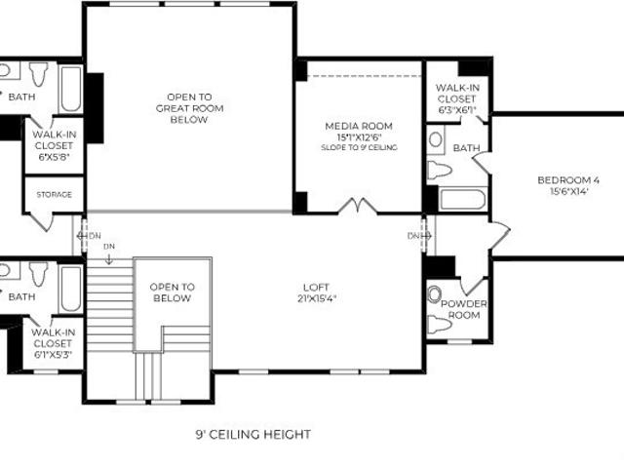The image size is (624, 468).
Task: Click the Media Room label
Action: [x=359, y=126]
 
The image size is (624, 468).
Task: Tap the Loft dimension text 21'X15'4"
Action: [x=317, y=298]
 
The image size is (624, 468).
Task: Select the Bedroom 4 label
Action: [x=568, y=180]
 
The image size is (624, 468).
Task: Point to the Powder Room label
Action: [x=464, y=310]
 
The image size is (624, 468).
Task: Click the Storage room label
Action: [x=55, y=195]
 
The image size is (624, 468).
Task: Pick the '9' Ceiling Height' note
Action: [x=253, y=434]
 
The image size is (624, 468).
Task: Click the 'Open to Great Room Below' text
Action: [x=189, y=108]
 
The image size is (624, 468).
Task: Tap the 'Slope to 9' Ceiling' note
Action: [x=359, y=147]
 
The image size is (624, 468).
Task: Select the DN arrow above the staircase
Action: [x=109, y=259]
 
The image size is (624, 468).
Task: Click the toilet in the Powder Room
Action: [x=440, y=324]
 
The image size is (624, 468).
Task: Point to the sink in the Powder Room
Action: [x=435, y=293]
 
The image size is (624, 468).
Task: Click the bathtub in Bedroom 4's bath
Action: [x=462, y=199]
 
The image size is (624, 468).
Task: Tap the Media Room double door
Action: [x=358, y=206]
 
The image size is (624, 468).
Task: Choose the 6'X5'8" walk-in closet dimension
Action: [x=55, y=157]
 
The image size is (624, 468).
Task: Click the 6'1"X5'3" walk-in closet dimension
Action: [x=53, y=355]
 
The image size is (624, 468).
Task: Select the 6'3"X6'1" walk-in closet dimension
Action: [x=457, y=110]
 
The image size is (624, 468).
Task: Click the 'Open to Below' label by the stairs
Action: [x=173, y=292]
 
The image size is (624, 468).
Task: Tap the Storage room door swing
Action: [x=41, y=222]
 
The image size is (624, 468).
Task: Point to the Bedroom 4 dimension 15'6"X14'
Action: [x=569, y=191]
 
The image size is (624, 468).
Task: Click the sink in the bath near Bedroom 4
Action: [x=436, y=139]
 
